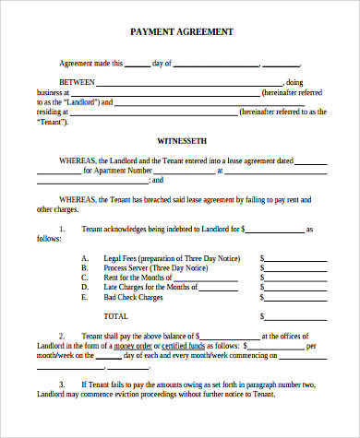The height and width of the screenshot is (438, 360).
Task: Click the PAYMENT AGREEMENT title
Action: (181, 31)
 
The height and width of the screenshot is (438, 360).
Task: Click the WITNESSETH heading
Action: (181, 143)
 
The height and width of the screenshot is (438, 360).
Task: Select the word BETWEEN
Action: (78, 82)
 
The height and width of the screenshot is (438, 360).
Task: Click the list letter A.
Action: (84, 258)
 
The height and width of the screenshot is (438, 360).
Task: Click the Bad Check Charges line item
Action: (134, 298)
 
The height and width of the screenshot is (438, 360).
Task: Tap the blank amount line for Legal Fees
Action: (294, 260)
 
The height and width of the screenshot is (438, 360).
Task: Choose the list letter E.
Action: (84, 298)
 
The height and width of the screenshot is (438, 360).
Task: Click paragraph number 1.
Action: (61, 228)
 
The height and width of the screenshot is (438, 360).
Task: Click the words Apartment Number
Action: (123, 171)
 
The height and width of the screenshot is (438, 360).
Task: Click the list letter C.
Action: (84, 278)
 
